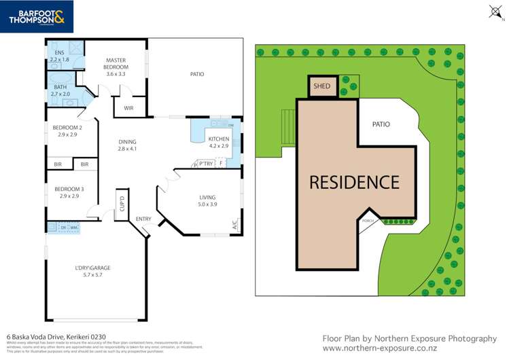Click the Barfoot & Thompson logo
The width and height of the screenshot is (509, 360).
pyautogui.click(x=37, y=16)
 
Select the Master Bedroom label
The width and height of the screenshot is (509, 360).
pyautogui.click(x=116, y=67)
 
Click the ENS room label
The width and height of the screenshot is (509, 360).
pyautogui.click(x=59, y=56)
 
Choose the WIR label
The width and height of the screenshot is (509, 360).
pyautogui.click(x=128, y=108)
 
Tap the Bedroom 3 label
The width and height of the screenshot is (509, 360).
pyautogui.click(x=67, y=192)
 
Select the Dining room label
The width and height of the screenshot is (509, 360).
pyautogui.click(x=127, y=145)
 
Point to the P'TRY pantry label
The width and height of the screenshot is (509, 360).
pyautogui.click(x=206, y=164)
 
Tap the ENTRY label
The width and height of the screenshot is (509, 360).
pyautogui.click(x=143, y=219)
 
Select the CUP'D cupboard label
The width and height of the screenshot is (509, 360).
pyautogui.click(x=122, y=202)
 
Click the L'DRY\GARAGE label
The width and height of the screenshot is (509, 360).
pyautogui.click(x=92, y=268)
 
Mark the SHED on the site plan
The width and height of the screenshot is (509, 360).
pyautogui.click(x=321, y=86)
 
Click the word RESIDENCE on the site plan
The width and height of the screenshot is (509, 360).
pyautogui.click(x=354, y=182)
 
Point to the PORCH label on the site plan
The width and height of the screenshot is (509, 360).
pyautogui.click(x=368, y=220)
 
